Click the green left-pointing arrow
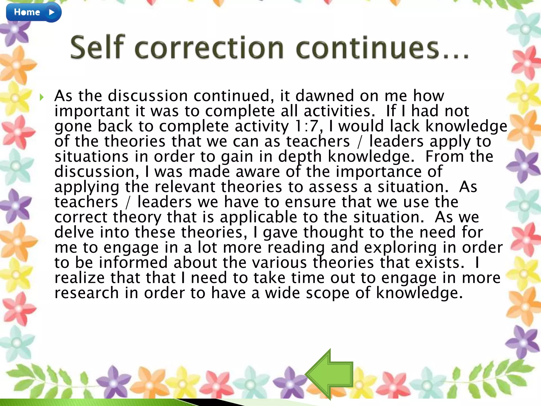[329, 374]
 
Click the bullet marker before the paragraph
[41, 97]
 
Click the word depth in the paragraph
[300, 156]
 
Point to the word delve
[74, 232]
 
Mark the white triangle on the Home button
[52, 12]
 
